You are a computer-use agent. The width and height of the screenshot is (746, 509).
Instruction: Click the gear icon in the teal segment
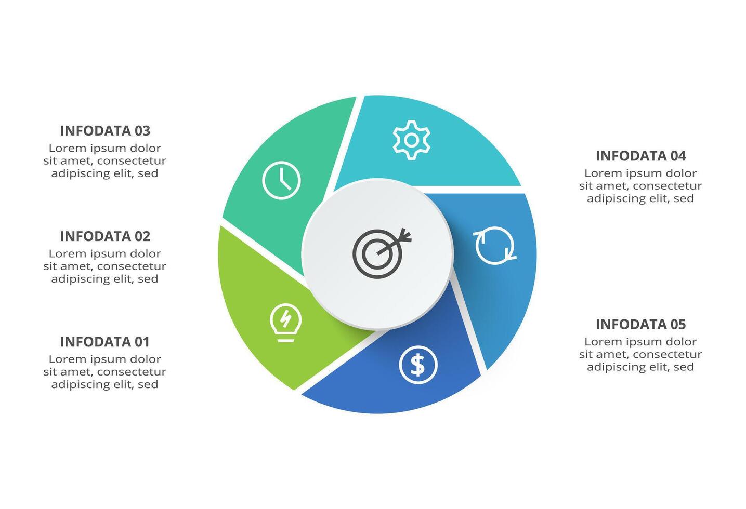click(411, 140)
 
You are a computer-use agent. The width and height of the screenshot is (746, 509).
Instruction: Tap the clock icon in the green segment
click(281, 181)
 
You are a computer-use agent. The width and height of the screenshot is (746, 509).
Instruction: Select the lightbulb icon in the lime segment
click(285, 323)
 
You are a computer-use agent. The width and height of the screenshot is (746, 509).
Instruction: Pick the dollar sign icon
click(418, 365)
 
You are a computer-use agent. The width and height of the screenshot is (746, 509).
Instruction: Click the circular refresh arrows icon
click(495, 245)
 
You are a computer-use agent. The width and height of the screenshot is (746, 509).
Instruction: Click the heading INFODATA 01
click(104, 342)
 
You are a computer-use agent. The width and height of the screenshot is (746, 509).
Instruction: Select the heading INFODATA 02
click(104, 236)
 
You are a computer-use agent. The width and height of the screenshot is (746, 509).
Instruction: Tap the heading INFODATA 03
click(104, 131)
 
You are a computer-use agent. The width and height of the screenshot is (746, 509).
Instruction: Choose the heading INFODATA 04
click(640, 156)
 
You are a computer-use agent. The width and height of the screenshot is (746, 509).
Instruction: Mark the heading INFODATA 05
click(640, 325)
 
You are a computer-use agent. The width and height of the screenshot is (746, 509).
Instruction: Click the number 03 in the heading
click(142, 131)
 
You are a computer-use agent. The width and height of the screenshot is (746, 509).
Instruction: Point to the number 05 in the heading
click(678, 325)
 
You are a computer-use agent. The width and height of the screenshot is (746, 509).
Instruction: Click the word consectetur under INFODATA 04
click(668, 186)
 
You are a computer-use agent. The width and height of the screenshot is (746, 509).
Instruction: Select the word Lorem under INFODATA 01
click(67, 359)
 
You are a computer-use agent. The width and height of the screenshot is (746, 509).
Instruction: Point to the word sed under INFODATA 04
click(684, 198)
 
